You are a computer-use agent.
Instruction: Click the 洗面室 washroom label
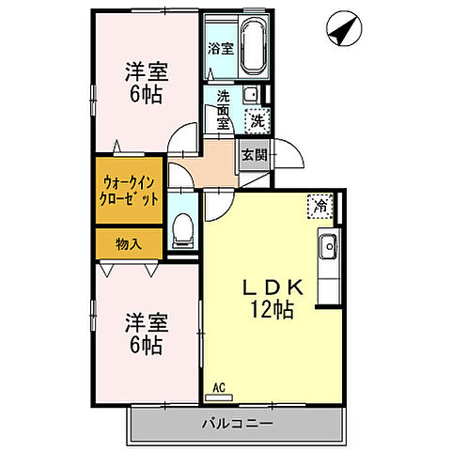pos(223,109)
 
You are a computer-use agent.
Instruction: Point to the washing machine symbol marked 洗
pos(256,119)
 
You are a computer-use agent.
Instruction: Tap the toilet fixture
pos(184,228)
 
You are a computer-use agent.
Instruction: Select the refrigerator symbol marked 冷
pos(319,204)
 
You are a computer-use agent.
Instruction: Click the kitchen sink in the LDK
pos(328,249)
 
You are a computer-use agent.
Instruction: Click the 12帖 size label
pos(272,310)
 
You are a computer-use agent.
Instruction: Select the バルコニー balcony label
pos(237,424)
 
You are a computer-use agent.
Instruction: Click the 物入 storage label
pos(129,244)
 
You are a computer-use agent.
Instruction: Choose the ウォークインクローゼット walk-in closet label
pos(129,192)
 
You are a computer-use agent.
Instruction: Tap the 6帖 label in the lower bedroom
pos(145,345)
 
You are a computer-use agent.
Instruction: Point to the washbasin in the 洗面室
pos(251,95)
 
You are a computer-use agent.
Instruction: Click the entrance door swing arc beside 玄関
pos(290,160)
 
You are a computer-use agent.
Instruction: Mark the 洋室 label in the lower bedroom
pos(146,323)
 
